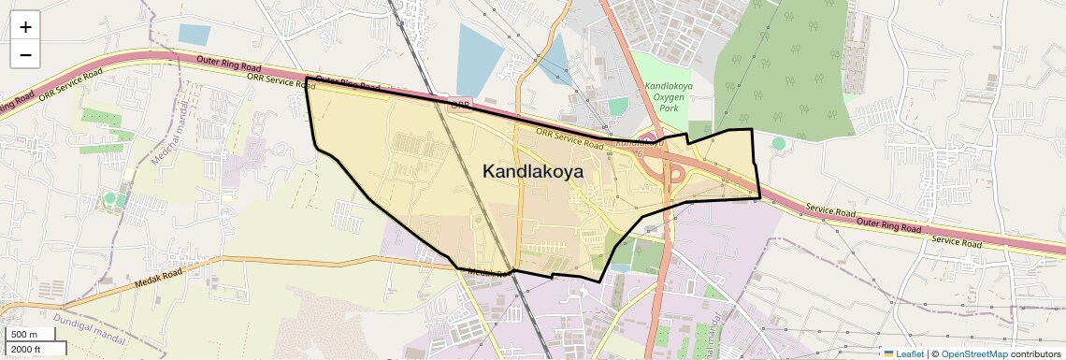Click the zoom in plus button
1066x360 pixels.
pyautogui.click(x=25, y=26)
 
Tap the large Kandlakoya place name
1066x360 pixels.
pyautogui.click(x=532, y=171)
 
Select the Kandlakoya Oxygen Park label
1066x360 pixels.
pyautogui.click(x=668, y=96)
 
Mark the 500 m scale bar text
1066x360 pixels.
pyautogui.click(x=25, y=335)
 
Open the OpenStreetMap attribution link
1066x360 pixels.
pyautogui.click(x=973, y=353)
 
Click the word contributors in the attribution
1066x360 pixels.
pyautogui.click(x=1035, y=353)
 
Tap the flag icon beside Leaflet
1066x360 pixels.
pyautogui.click(x=888, y=353)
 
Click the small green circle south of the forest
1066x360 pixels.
pyautogui.click(x=778, y=143)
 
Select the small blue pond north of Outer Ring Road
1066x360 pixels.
pyautogui.click(x=194, y=35)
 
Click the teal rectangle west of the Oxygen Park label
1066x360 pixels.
pyautogui.click(x=618, y=107)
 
